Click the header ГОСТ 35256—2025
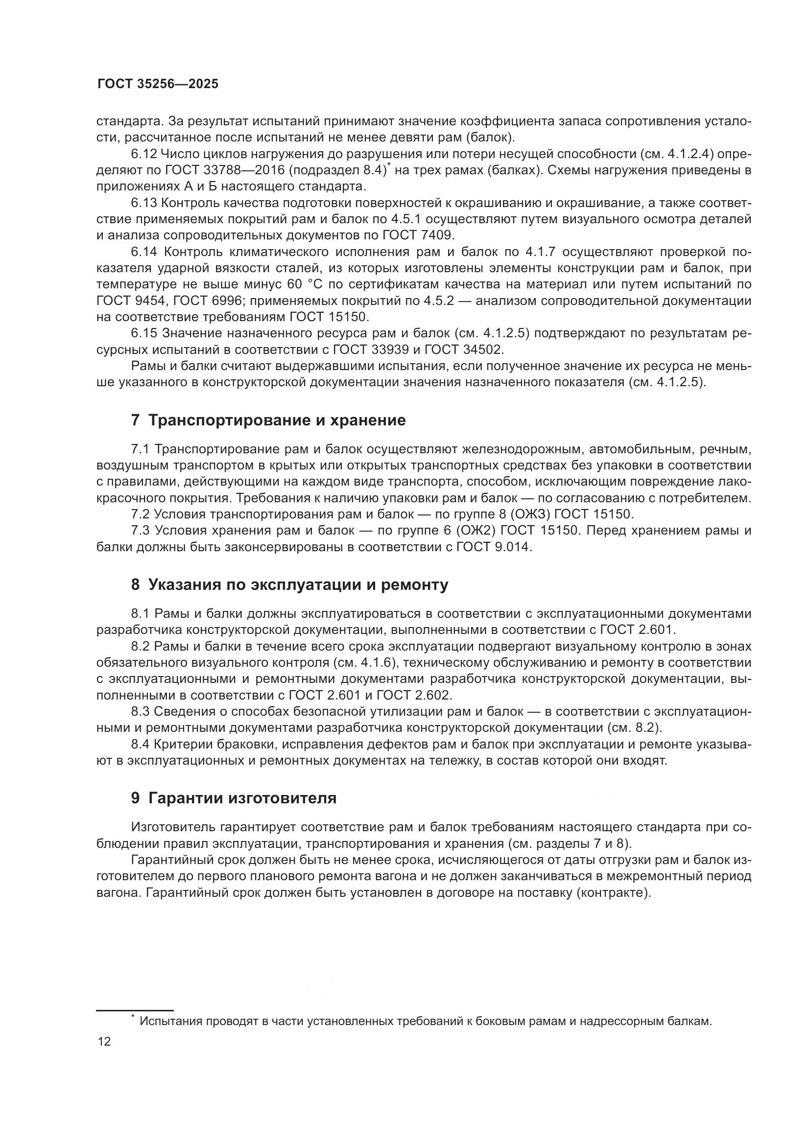coord(158,84)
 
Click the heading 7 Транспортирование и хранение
coord(268,421)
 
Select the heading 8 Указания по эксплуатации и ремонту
coord(289,584)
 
